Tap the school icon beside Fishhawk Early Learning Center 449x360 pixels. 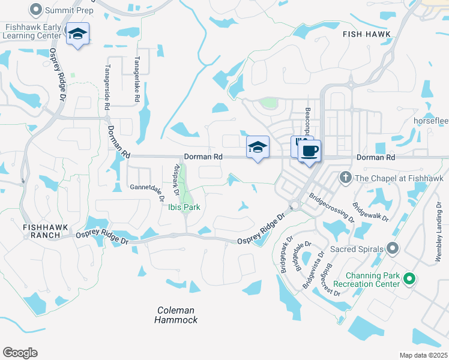(x=77, y=34)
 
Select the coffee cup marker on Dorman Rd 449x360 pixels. (x=309, y=151)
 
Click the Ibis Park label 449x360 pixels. (x=184, y=208)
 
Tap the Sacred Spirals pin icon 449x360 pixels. (x=393, y=248)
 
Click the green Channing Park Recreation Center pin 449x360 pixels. (x=409, y=278)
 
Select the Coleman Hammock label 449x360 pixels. (x=176, y=315)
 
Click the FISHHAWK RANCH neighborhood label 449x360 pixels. (x=41, y=231)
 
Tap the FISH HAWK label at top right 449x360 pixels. (x=366, y=35)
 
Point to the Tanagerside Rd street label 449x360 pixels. (x=107, y=86)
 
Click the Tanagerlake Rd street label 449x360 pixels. (x=137, y=79)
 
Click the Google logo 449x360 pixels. (x=20, y=352)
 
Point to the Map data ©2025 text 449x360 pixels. (x=423, y=355)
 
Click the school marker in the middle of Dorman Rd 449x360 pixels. (x=258, y=147)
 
